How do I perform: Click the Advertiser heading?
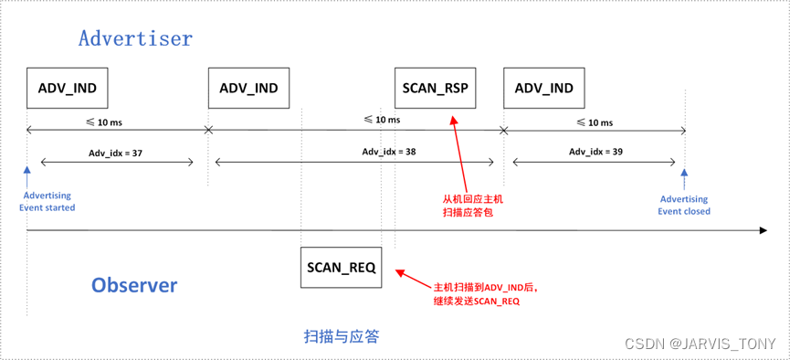pos(135,38)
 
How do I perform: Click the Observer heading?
pos(134,285)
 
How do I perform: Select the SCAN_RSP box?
pos(435,89)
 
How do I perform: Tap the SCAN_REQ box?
pos(341,268)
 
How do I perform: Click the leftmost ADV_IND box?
pos(68,89)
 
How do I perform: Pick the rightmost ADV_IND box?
pos(543,89)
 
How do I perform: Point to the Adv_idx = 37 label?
pos(115,153)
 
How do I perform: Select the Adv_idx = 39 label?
pos(596,152)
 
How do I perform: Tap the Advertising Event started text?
pos(47,202)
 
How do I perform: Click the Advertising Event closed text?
pos(683,205)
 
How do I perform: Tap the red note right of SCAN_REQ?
pos(485,293)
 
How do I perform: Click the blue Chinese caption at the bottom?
pos(341,336)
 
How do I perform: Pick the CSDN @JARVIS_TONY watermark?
pos(700,344)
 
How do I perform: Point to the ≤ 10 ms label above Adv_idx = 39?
pos(595,122)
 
